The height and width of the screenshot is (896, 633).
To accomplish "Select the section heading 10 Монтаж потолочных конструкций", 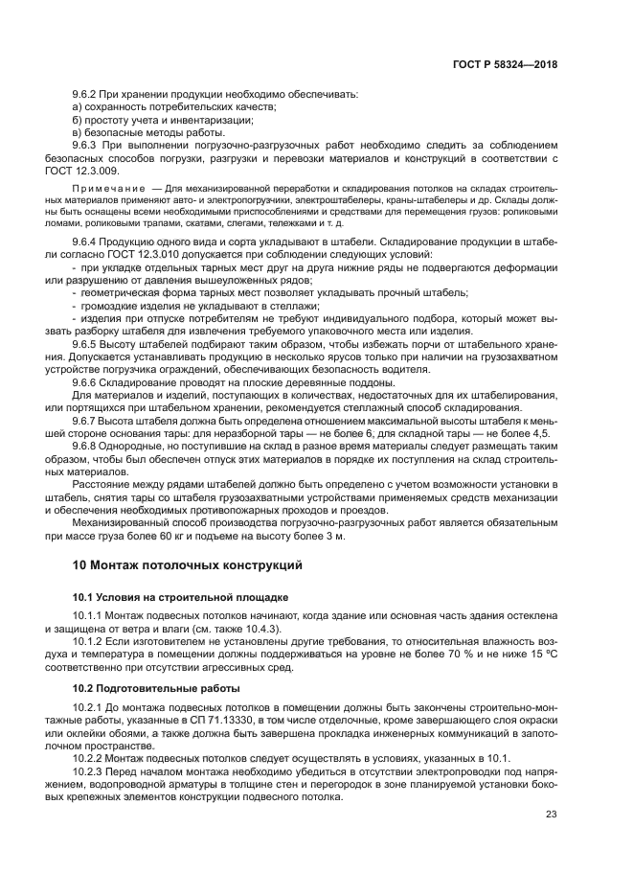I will click(x=188, y=565).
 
